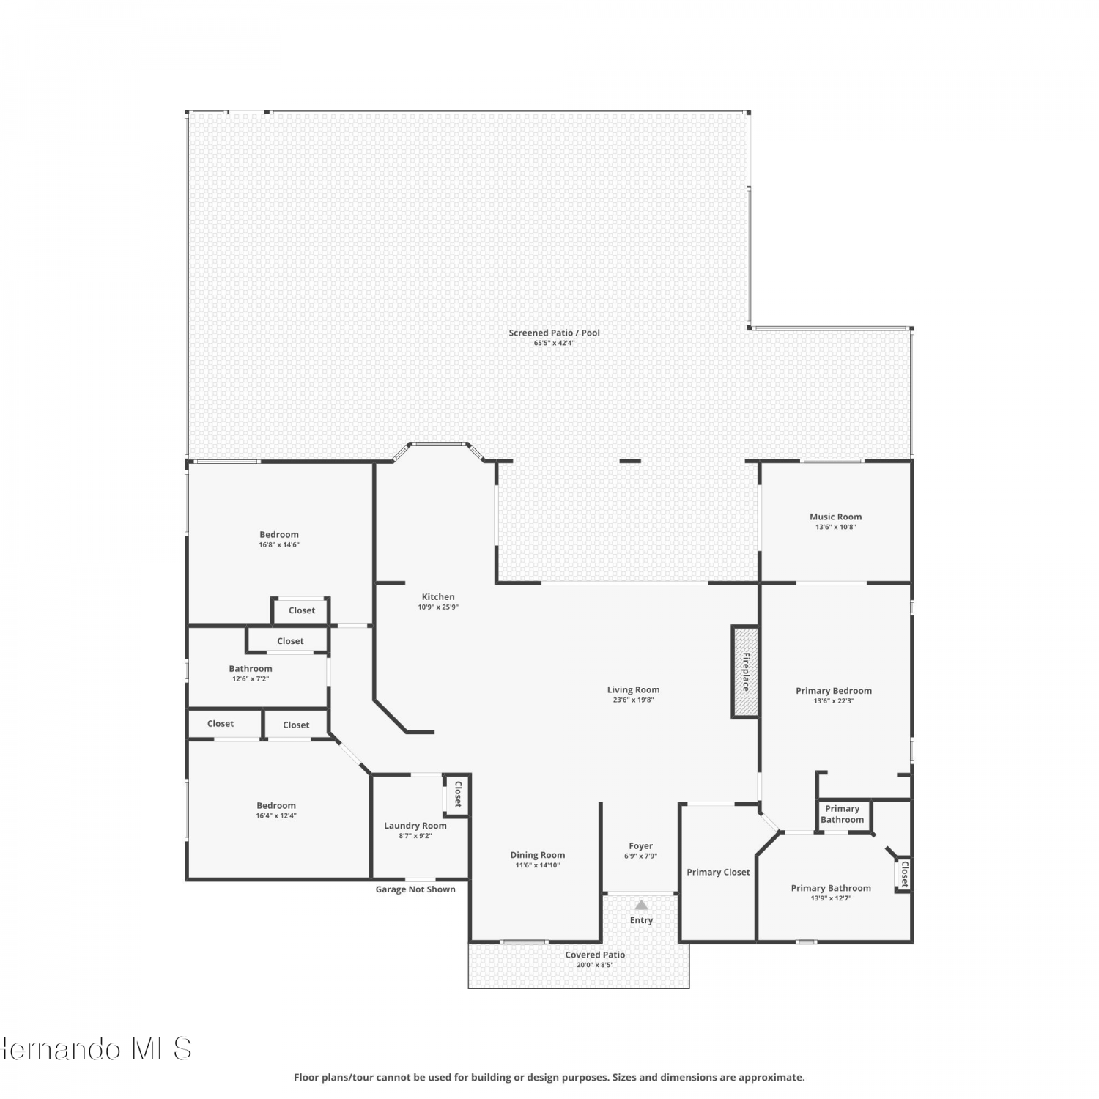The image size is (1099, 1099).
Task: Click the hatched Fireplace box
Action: tap(745, 672)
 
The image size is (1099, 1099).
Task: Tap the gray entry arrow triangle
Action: tap(641, 905)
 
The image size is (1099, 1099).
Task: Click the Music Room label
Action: tap(835, 517)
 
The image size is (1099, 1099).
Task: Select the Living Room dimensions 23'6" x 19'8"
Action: tap(633, 700)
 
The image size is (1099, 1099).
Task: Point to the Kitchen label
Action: tap(438, 597)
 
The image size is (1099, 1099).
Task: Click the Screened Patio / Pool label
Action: tap(555, 333)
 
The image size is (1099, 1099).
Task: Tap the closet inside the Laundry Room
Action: tap(457, 794)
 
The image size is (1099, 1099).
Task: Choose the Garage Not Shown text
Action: tap(415, 889)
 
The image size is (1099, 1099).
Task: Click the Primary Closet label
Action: tap(718, 872)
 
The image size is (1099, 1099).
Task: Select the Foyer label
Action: tap(640, 846)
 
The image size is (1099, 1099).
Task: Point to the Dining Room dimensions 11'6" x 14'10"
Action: tap(538, 865)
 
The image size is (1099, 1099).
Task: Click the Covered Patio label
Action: tap(595, 955)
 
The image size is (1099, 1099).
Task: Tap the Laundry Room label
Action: tap(415, 826)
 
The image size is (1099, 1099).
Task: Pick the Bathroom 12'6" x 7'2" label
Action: tap(251, 673)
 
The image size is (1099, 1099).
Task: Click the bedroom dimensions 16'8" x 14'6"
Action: tap(279, 544)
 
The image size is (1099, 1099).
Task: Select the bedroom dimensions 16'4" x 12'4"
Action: tap(276, 815)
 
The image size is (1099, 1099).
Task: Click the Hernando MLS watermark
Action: tap(96, 1049)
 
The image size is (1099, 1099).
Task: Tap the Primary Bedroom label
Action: tap(834, 691)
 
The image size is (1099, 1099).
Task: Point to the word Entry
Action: tap(641, 920)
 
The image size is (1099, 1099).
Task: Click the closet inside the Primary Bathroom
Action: tap(904, 874)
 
